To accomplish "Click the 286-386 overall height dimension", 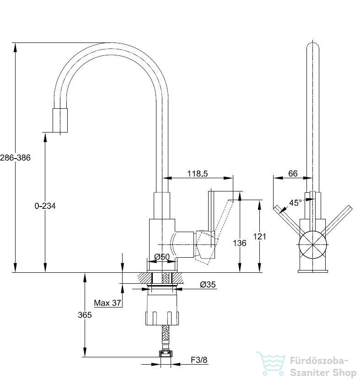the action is point(15,158).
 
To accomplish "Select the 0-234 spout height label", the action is point(45,206).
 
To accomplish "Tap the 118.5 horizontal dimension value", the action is point(198,174).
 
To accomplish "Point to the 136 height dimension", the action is point(240,243).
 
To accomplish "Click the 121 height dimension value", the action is point(259,236).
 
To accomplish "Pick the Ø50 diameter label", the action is point(162,256).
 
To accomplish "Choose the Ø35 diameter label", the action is point(208,284).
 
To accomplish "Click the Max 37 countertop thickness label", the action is point(107,303).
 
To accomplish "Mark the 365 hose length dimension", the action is point(85,315).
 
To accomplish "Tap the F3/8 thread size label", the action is point(199,360).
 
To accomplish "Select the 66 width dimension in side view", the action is point(293,174).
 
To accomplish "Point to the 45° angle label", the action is point(295,203).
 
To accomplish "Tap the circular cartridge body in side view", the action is point(313,244).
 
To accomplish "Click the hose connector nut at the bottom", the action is point(166,354).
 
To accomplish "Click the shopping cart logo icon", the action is point(271,363).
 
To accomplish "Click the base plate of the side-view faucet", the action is point(313,271).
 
